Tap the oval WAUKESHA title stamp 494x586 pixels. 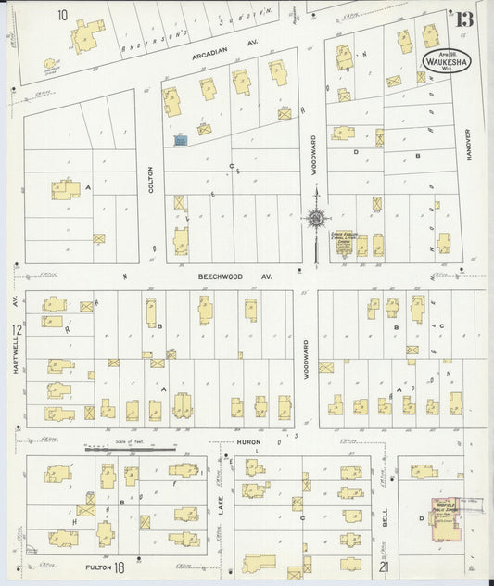pyautogui.click(x=444, y=59)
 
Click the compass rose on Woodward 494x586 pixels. pyautogui.click(x=316, y=219)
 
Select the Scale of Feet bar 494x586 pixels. pyautogui.click(x=129, y=450)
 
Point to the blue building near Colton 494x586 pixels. pyautogui.click(x=182, y=139)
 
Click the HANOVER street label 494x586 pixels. pyautogui.click(x=469, y=146)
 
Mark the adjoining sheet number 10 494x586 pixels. pyautogui.click(x=62, y=15)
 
